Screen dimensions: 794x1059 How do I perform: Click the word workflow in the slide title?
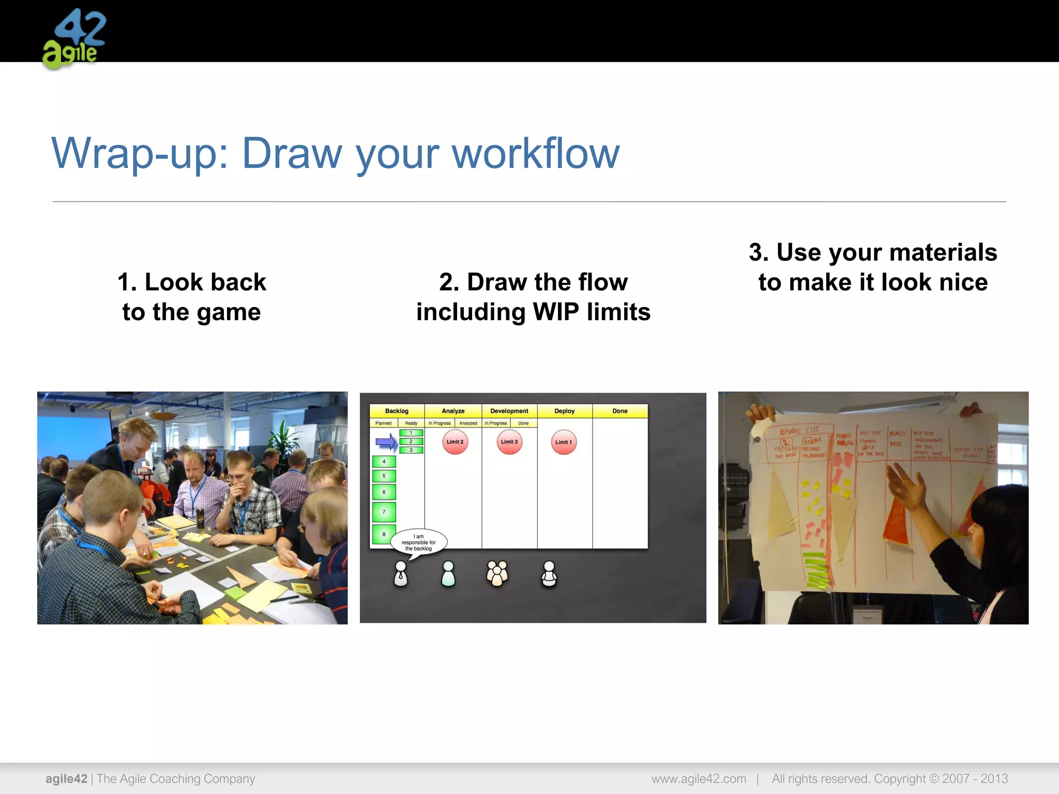coord(536,154)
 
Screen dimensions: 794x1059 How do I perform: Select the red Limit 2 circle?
coord(455,442)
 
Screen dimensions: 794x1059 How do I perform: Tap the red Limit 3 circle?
coord(509,442)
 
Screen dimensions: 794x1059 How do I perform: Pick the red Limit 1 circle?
coord(564,442)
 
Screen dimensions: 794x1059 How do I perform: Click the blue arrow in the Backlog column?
coord(386,442)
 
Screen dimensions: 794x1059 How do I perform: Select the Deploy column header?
coord(564,411)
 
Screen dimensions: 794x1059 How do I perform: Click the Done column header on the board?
coord(619,411)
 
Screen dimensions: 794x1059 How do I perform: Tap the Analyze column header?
coord(453,411)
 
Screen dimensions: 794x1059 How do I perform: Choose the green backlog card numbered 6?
coord(384,492)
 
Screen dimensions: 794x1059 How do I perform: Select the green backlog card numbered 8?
coord(384,534)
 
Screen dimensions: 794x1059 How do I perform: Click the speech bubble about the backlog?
coord(419,542)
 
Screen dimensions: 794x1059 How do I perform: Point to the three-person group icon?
coord(497,573)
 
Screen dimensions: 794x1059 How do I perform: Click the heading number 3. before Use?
coord(759,253)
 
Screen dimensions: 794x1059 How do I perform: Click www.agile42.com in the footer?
coord(698,778)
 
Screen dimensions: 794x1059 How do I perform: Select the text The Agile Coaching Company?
coord(176,778)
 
